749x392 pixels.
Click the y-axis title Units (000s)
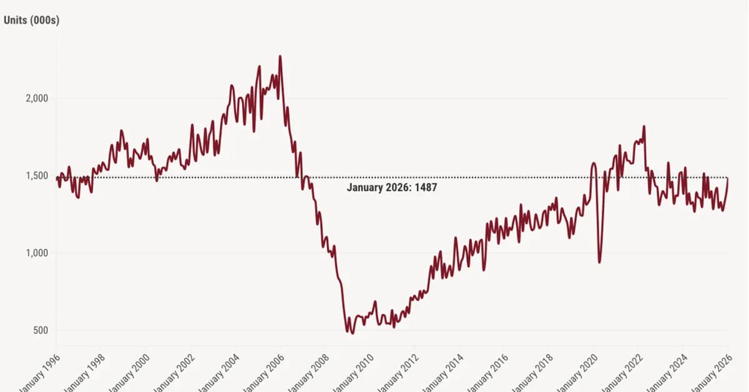[x=31, y=20]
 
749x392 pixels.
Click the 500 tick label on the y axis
[x=41, y=330]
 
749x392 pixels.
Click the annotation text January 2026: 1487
[x=391, y=187]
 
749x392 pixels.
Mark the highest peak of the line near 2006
[x=280, y=56]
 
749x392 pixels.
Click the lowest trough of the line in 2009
[x=353, y=333]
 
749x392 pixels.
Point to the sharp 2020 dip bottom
[x=599, y=262]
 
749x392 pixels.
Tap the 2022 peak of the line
[x=644, y=127]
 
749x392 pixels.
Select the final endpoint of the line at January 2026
[x=728, y=178]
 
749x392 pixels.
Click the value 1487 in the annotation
[x=424, y=187]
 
